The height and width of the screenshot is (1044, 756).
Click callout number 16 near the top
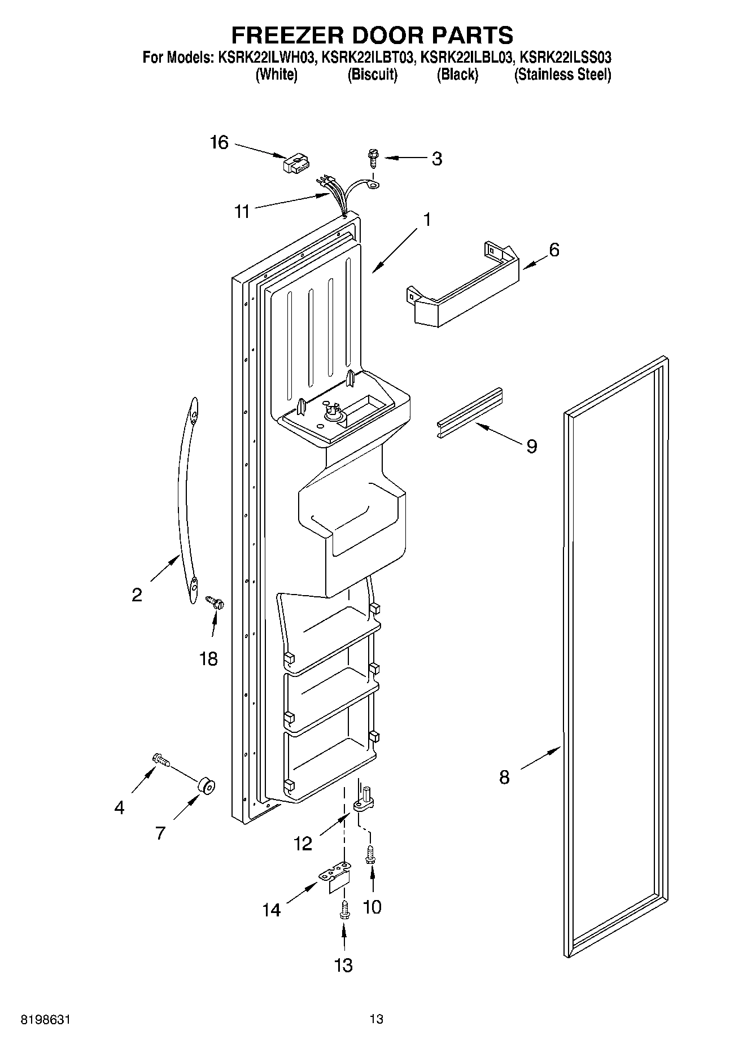point(219,142)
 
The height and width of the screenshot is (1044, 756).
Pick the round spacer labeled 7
point(206,785)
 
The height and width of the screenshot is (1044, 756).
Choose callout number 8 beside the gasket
point(504,777)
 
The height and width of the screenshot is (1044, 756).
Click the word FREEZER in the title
point(294,35)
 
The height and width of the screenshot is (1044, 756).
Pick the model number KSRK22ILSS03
point(565,58)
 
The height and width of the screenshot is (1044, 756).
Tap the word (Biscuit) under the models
point(372,75)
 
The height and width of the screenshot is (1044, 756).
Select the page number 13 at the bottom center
point(377,1019)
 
